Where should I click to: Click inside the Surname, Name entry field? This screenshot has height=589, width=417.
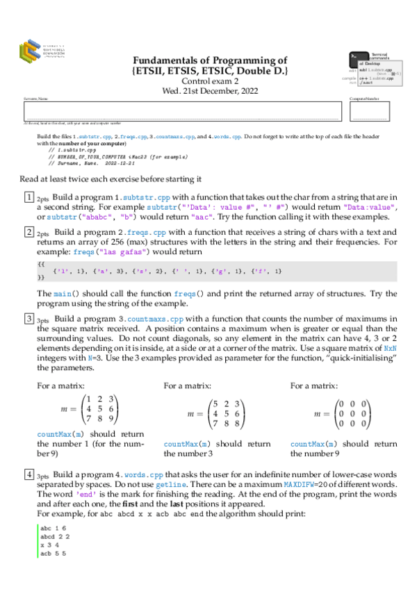click(185, 111)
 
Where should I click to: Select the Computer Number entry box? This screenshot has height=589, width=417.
click(370, 111)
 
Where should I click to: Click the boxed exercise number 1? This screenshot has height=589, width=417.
click(29, 197)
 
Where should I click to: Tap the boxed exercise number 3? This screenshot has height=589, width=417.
click(29, 319)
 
